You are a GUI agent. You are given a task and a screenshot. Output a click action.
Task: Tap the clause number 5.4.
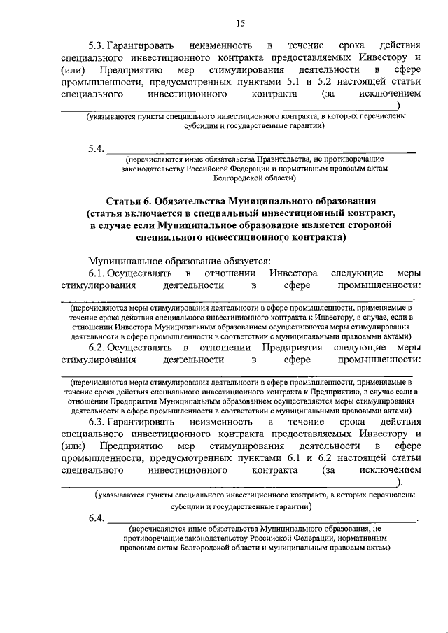coord(96,148)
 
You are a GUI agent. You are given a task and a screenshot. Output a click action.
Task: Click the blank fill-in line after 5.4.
coord(259,150)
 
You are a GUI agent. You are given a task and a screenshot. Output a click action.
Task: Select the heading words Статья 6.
coord(132,200)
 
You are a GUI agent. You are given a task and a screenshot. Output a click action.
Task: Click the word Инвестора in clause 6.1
coord(294,273)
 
